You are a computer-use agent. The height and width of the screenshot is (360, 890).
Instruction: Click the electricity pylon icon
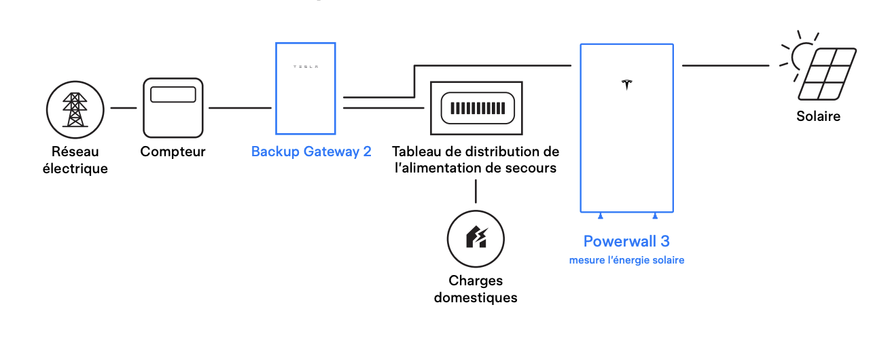(75, 109)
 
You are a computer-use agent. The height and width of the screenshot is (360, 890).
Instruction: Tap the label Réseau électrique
(75, 160)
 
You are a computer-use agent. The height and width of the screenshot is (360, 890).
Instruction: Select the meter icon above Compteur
(173, 107)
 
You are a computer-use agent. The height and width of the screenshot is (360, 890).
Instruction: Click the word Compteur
(173, 151)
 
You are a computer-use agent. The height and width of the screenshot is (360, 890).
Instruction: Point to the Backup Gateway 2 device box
(305, 88)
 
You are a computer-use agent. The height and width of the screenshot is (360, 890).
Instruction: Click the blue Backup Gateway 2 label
(311, 151)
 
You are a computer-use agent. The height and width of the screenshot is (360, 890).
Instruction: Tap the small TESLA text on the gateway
(305, 67)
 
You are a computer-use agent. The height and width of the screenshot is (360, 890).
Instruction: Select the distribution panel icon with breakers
(476, 107)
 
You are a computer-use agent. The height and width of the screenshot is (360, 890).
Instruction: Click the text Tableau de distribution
(476, 151)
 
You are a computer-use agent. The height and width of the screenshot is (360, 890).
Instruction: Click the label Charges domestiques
(476, 289)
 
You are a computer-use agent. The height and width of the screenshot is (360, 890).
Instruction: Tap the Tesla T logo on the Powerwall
(626, 84)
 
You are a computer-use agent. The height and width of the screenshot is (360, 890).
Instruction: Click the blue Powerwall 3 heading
(626, 241)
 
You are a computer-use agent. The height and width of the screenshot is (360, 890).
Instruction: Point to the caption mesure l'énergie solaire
(626, 260)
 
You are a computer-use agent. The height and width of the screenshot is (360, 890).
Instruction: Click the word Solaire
(818, 116)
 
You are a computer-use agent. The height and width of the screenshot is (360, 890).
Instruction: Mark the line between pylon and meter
(124, 108)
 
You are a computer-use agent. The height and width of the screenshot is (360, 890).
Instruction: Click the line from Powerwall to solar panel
(726, 66)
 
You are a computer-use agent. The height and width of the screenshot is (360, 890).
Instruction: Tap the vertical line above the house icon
(476, 192)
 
